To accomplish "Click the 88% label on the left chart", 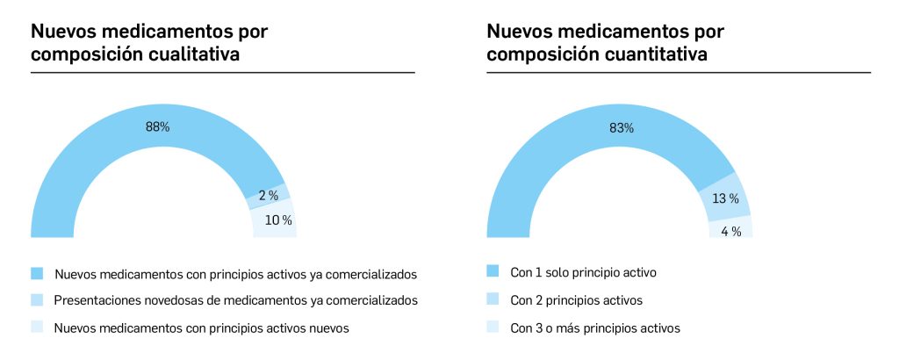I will (x=157, y=126).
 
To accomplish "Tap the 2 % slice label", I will (x=268, y=196).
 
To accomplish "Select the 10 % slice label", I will (x=278, y=220).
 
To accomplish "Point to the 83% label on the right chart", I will (x=622, y=128).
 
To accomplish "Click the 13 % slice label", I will (x=724, y=198).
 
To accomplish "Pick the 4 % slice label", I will (x=731, y=232).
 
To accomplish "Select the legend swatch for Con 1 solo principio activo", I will (x=493, y=272).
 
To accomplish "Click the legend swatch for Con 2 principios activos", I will (x=493, y=300).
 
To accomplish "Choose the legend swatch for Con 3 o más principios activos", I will (x=493, y=328).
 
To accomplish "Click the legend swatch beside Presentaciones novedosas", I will (x=36, y=300).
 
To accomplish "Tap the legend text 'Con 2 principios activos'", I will (x=576, y=300).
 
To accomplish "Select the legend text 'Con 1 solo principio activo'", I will (x=583, y=272).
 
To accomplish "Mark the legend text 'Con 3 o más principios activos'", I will (x=594, y=328).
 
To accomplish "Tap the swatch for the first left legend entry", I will (x=36, y=272).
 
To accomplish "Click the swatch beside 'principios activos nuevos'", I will (x=36, y=328).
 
